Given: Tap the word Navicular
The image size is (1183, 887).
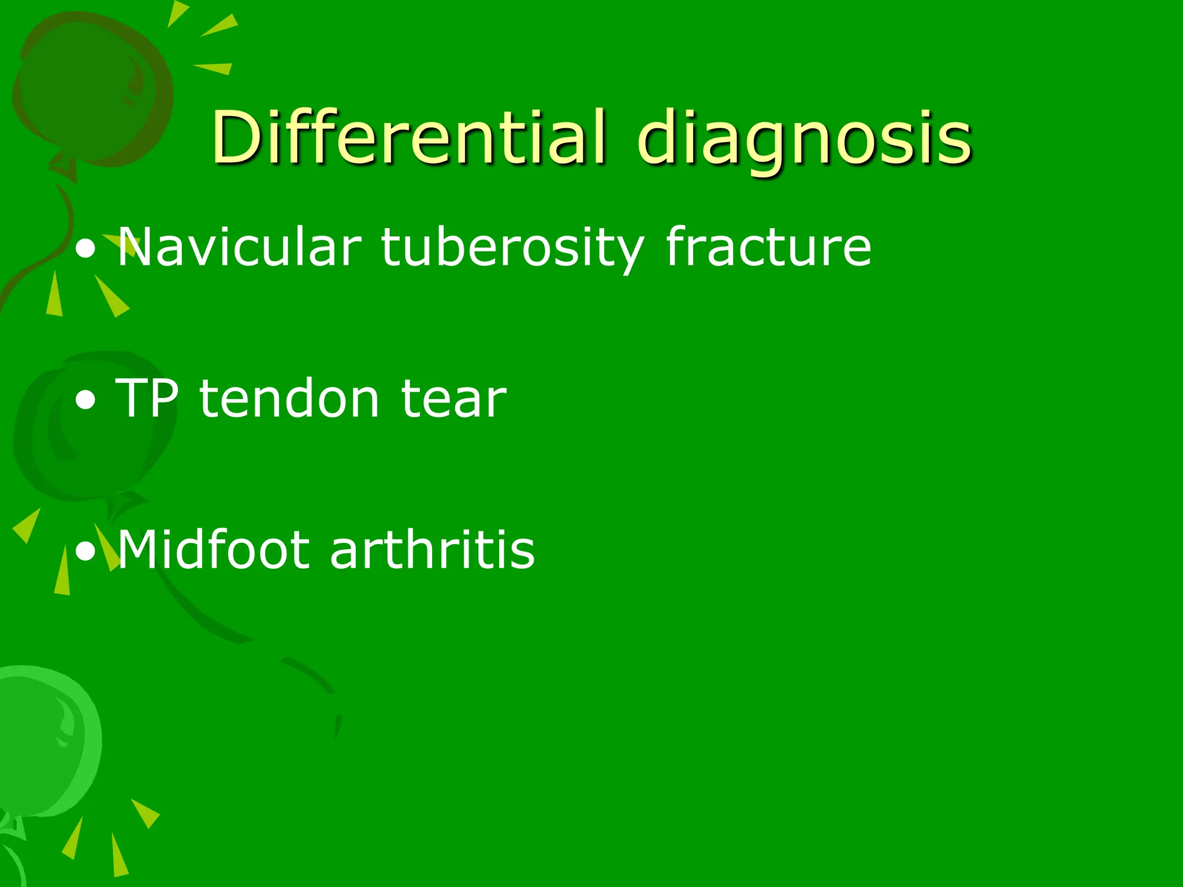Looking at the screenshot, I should (x=239, y=247).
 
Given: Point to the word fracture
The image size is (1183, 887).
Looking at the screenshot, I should (x=768, y=247).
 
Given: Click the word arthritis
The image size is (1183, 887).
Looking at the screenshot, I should (x=432, y=550).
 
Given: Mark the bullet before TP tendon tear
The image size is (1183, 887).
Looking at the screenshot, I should (x=86, y=401).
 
